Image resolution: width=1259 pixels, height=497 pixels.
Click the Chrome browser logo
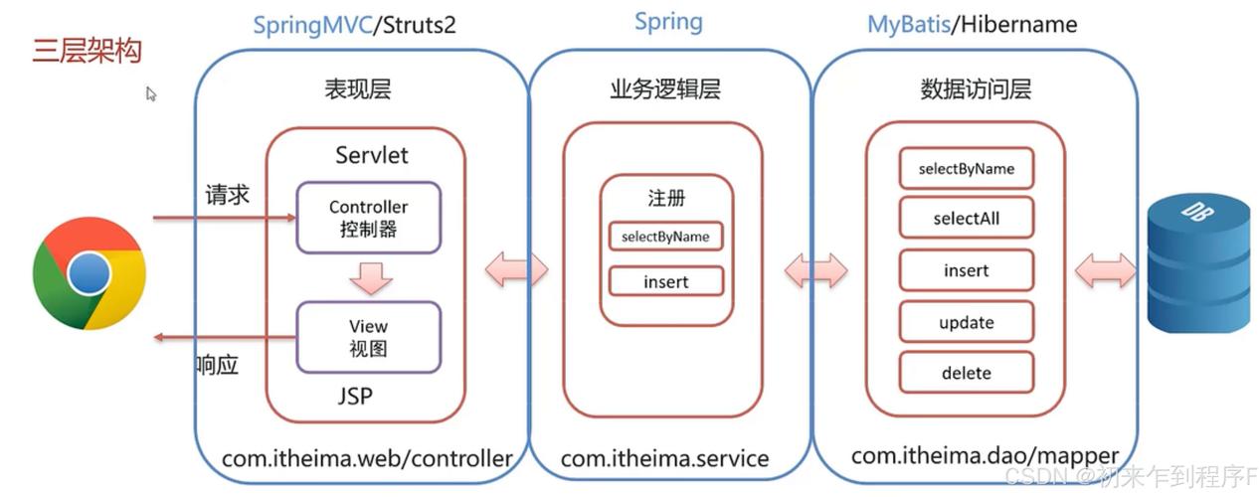[89, 272]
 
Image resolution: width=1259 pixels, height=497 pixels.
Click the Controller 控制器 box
[368, 217]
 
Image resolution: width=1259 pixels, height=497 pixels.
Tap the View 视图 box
[368, 337]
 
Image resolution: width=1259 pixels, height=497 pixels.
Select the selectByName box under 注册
[665, 237]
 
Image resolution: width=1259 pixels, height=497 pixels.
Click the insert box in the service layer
[665, 282]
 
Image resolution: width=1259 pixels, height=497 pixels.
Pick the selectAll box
[966, 218]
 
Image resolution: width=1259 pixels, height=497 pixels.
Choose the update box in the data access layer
[966, 322]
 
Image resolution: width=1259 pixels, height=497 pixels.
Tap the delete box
[966, 373]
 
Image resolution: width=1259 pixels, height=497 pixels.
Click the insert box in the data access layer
[966, 270]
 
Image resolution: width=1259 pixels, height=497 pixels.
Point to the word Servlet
[371, 156]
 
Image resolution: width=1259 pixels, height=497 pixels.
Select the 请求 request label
[227, 193]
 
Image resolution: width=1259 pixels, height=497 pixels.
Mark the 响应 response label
[216, 365]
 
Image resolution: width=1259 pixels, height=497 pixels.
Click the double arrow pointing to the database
[1104, 269]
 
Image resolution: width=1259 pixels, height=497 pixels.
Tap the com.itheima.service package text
[664, 458]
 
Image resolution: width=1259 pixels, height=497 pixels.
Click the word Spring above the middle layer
[668, 22]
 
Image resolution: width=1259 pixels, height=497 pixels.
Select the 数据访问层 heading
[976, 89]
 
